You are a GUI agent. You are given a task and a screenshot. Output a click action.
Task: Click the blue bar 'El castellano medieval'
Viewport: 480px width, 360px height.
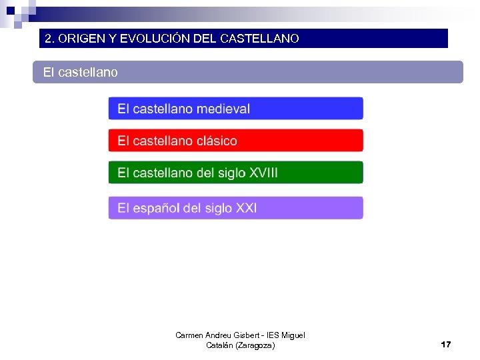[235, 109]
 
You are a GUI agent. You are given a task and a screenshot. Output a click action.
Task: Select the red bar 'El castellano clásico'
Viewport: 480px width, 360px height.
[235, 141]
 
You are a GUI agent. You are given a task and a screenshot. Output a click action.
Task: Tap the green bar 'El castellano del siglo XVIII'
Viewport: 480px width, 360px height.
[235, 173]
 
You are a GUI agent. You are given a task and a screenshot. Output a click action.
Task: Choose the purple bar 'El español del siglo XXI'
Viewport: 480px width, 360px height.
[235, 208]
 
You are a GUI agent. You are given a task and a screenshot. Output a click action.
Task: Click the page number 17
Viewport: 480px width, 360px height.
[445, 345]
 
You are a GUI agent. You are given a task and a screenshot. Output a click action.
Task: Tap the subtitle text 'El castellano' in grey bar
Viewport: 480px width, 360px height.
[80, 72]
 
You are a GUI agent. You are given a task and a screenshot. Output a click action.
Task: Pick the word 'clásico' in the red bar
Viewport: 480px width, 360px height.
[217, 141]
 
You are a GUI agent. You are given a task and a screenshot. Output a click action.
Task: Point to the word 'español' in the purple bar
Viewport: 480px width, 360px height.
[156, 208]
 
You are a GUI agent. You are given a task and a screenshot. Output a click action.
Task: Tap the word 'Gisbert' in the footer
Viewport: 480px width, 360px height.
[246, 335]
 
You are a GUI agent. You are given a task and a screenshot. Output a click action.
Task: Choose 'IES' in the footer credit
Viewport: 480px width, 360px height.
[273, 335]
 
